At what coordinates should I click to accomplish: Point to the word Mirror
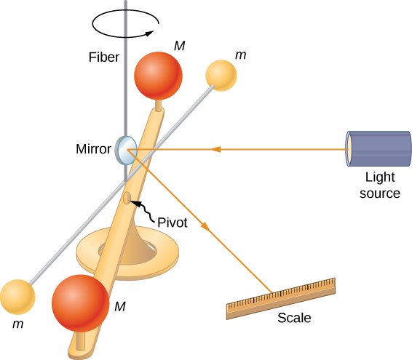[93, 150]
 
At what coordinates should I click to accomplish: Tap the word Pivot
[171, 224]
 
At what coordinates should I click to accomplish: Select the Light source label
[383, 186]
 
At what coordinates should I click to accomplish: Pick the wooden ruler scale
[281, 298]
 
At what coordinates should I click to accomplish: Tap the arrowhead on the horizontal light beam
[215, 150]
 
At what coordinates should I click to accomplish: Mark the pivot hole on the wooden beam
[128, 199]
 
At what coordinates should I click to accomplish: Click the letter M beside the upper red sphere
[179, 46]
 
